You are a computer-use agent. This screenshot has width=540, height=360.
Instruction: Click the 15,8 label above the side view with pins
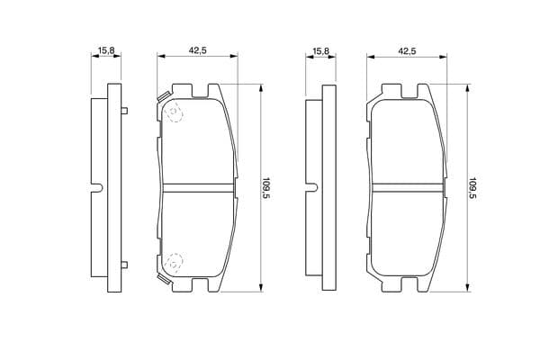[x=106, y=50]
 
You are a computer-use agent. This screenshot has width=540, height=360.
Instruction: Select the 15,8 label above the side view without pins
[x=320, y=51]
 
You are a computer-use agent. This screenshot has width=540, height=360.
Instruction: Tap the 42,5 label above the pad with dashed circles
[x=197, y=50]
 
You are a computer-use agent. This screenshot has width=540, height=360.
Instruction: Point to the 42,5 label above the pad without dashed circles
[x=407, y=51]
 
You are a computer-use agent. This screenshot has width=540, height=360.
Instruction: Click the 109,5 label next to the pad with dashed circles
[x=265, y=189]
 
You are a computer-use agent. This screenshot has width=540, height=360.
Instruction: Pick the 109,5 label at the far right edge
[x=472, y=189]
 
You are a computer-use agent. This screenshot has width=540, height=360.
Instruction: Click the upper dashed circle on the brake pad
[x=174, y=113]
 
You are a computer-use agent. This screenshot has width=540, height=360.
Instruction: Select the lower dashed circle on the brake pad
[x=174, y=263]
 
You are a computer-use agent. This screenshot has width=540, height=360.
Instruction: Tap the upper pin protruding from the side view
[x=125, y=111]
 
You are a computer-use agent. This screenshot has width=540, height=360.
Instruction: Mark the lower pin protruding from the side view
[x=125, y=265]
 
